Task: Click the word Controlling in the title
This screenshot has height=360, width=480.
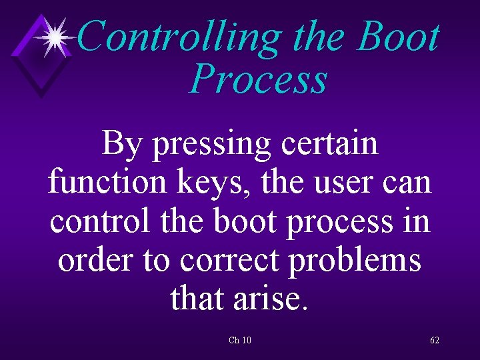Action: (180, 37)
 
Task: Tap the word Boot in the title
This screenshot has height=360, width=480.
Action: (399, 37)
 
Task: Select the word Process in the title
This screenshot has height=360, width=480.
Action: (258, 79)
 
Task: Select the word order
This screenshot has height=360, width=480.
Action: (91, 259)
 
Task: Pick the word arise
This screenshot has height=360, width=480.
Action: (270, 298)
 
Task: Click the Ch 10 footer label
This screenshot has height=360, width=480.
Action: (240, 341)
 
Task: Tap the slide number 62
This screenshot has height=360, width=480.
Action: (435, 341)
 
